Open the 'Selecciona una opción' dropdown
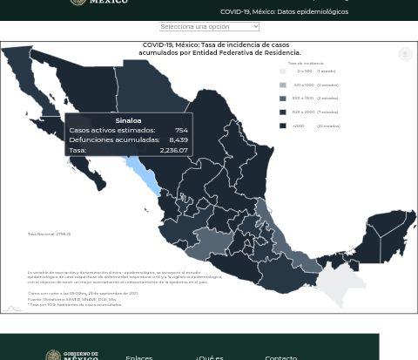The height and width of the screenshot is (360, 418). click(x=209, y=26)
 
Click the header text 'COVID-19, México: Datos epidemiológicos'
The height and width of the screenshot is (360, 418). click(x=284, y=12)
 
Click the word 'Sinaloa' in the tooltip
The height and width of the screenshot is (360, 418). click(x=128, y=120)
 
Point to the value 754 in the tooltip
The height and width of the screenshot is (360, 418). click(x=180, y=130)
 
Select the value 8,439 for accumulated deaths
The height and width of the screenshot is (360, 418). click(x=178, y=139)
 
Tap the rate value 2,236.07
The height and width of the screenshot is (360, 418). click(x=173, y=150)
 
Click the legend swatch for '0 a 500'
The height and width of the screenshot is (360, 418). click(x=282, y=71)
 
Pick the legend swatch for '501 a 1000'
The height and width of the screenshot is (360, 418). click(x=282, y=85)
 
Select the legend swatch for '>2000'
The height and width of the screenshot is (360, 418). click(x=282, y=126)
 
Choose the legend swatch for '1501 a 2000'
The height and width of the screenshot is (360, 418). click(x=282, y=112)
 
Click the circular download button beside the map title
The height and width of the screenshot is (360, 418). click(x=405, y=54)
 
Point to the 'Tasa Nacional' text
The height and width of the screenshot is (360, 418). click(x=49, y=234)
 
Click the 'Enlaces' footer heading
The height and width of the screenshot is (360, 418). click(x=138, y=357)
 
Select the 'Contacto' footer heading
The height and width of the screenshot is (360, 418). click(x=280, y=357)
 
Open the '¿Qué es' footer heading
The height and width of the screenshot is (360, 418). click(x=209, y=357)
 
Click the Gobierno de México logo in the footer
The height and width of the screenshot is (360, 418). click(x=71, y=355)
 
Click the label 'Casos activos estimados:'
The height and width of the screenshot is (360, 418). click(x=111, y=130)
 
